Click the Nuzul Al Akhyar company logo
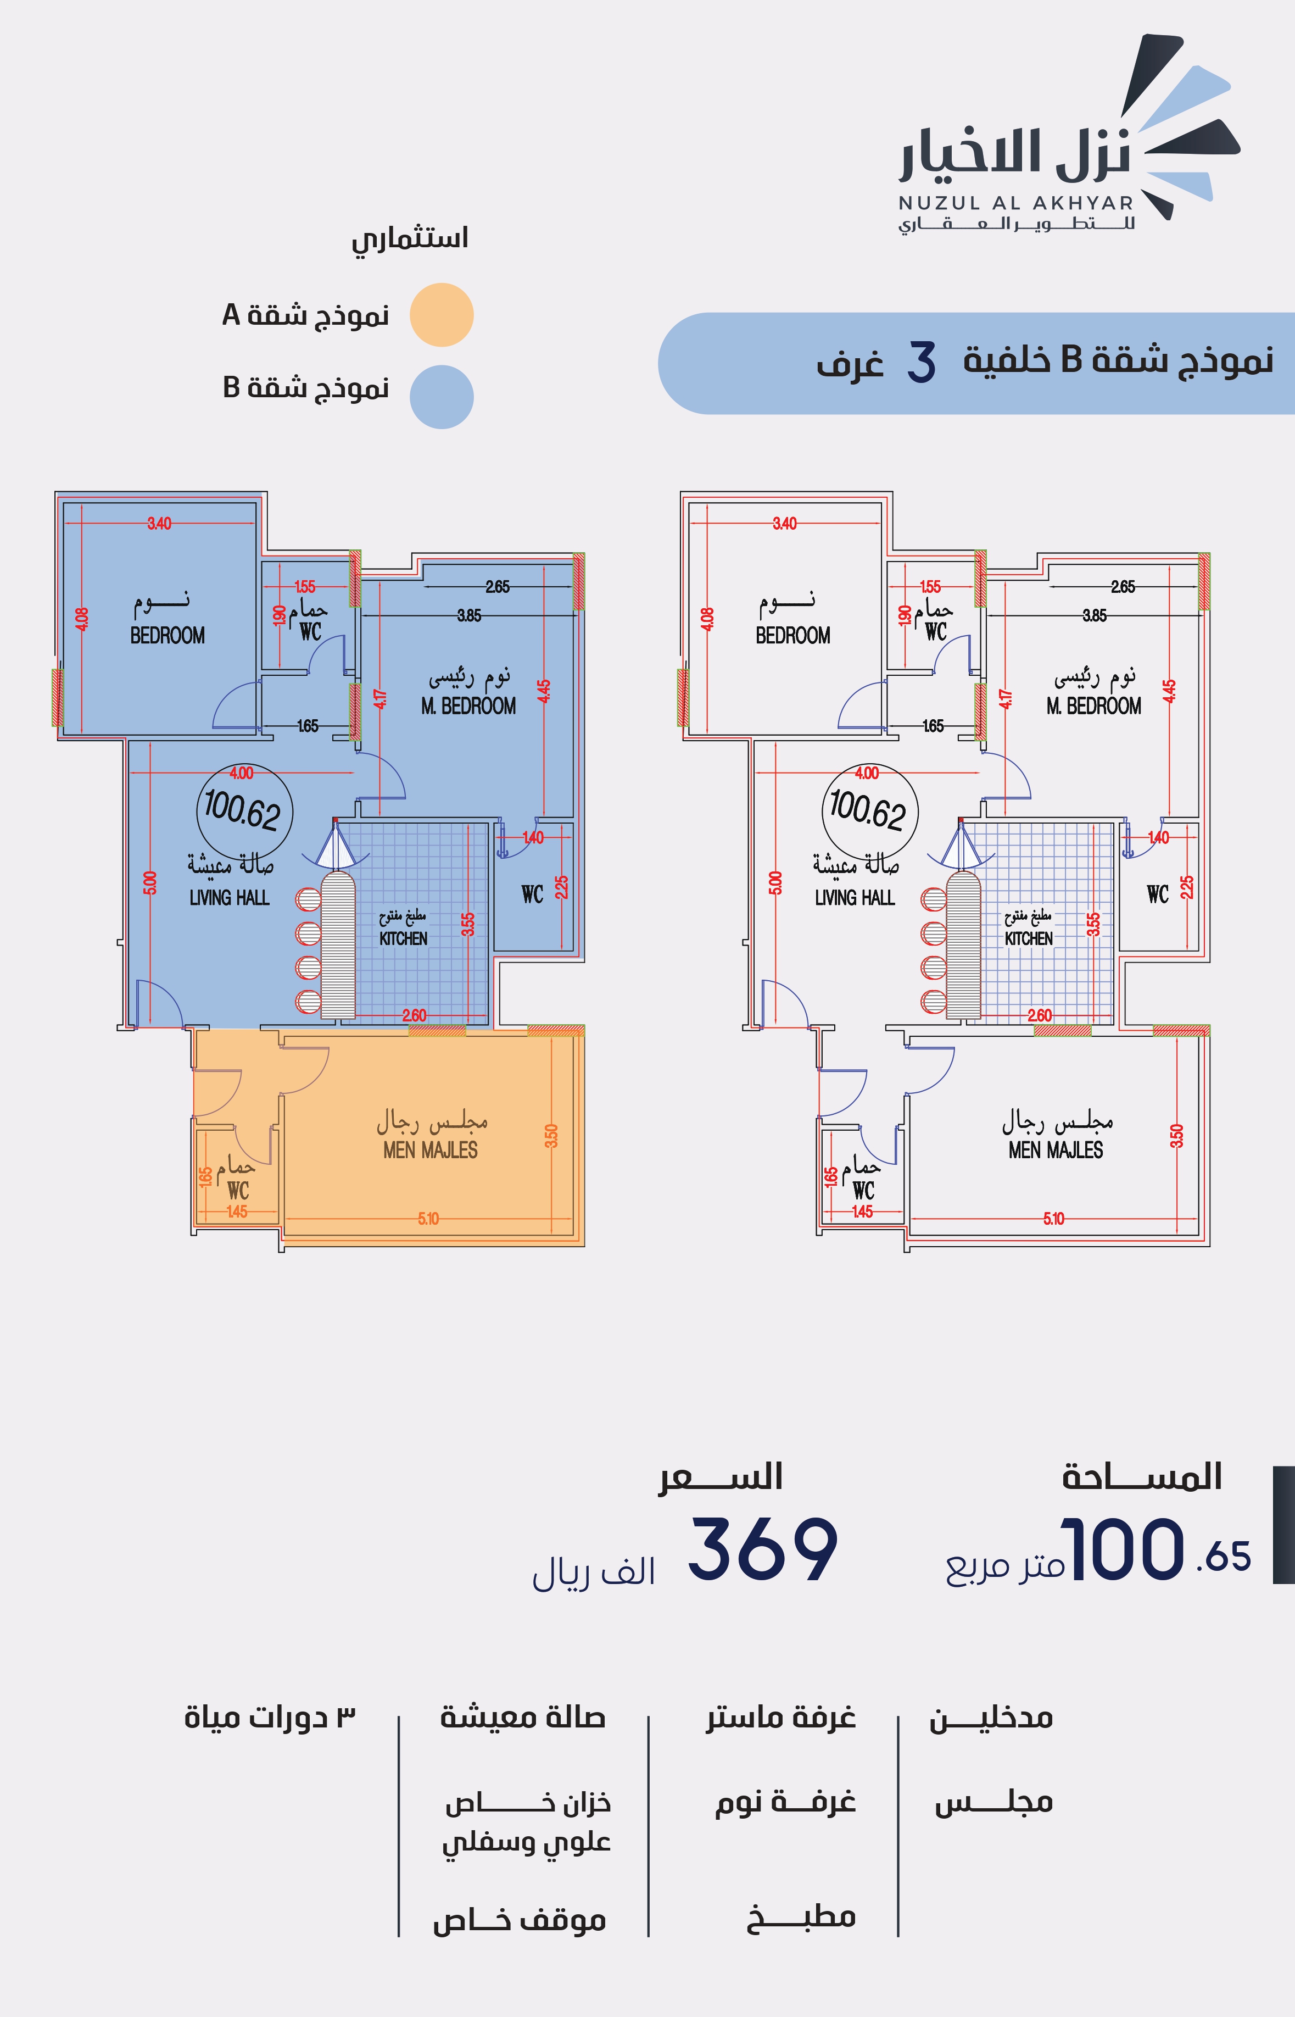tap(1068, 135)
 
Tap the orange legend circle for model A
tap(442, 315)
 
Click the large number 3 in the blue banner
tap(922, 363)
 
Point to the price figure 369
tap(763, 1549)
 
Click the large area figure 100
tap(1123, 1549)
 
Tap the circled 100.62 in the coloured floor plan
tap(244, 811)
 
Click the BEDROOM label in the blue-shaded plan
tap(168, 636)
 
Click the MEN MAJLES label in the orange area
tap(431, 1151)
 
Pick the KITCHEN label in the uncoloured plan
tap(1029, 938)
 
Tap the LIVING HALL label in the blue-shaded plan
tap(230, 898)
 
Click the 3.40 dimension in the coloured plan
tap(159, 523)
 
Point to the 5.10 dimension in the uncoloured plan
tap(1054, 1218)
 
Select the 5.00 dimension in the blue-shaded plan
tap(150, 883)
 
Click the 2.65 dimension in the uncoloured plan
tap(1123, 586)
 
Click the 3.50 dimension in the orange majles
tap(551, 1136)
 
